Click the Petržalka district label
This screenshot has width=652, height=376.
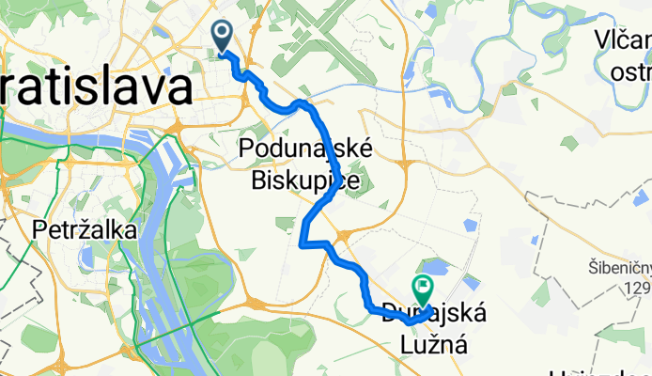pos(85,229)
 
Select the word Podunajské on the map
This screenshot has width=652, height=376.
pos(306,149)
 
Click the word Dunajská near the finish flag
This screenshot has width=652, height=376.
pos(434,314)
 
